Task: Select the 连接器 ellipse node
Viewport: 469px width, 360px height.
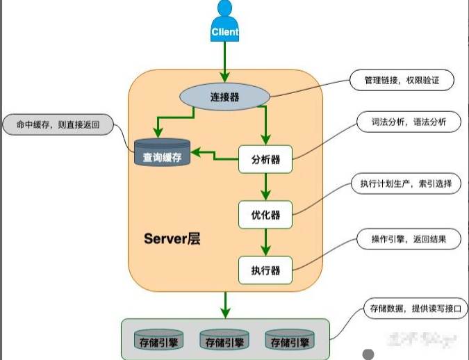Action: tap(224, 97)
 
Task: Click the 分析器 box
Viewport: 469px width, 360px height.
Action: tap(265, 159)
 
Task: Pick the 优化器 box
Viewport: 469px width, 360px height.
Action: tap(265, 214)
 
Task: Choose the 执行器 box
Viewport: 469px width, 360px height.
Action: tap(265, 270)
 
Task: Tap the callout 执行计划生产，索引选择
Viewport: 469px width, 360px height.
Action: tap(406, 184)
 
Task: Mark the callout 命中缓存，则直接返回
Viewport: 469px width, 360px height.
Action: tap(58, 126)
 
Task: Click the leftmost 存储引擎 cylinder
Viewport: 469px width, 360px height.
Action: tap(158, 341)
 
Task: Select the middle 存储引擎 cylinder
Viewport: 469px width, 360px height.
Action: tap(224, 341)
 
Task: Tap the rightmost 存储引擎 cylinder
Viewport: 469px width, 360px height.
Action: tap(289, 341)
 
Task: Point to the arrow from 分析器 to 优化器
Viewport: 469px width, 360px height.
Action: tap(265, 186)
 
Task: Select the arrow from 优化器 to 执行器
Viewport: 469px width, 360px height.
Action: tap(265, 242)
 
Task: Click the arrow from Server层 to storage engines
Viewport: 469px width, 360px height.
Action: tap(224, 302)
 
